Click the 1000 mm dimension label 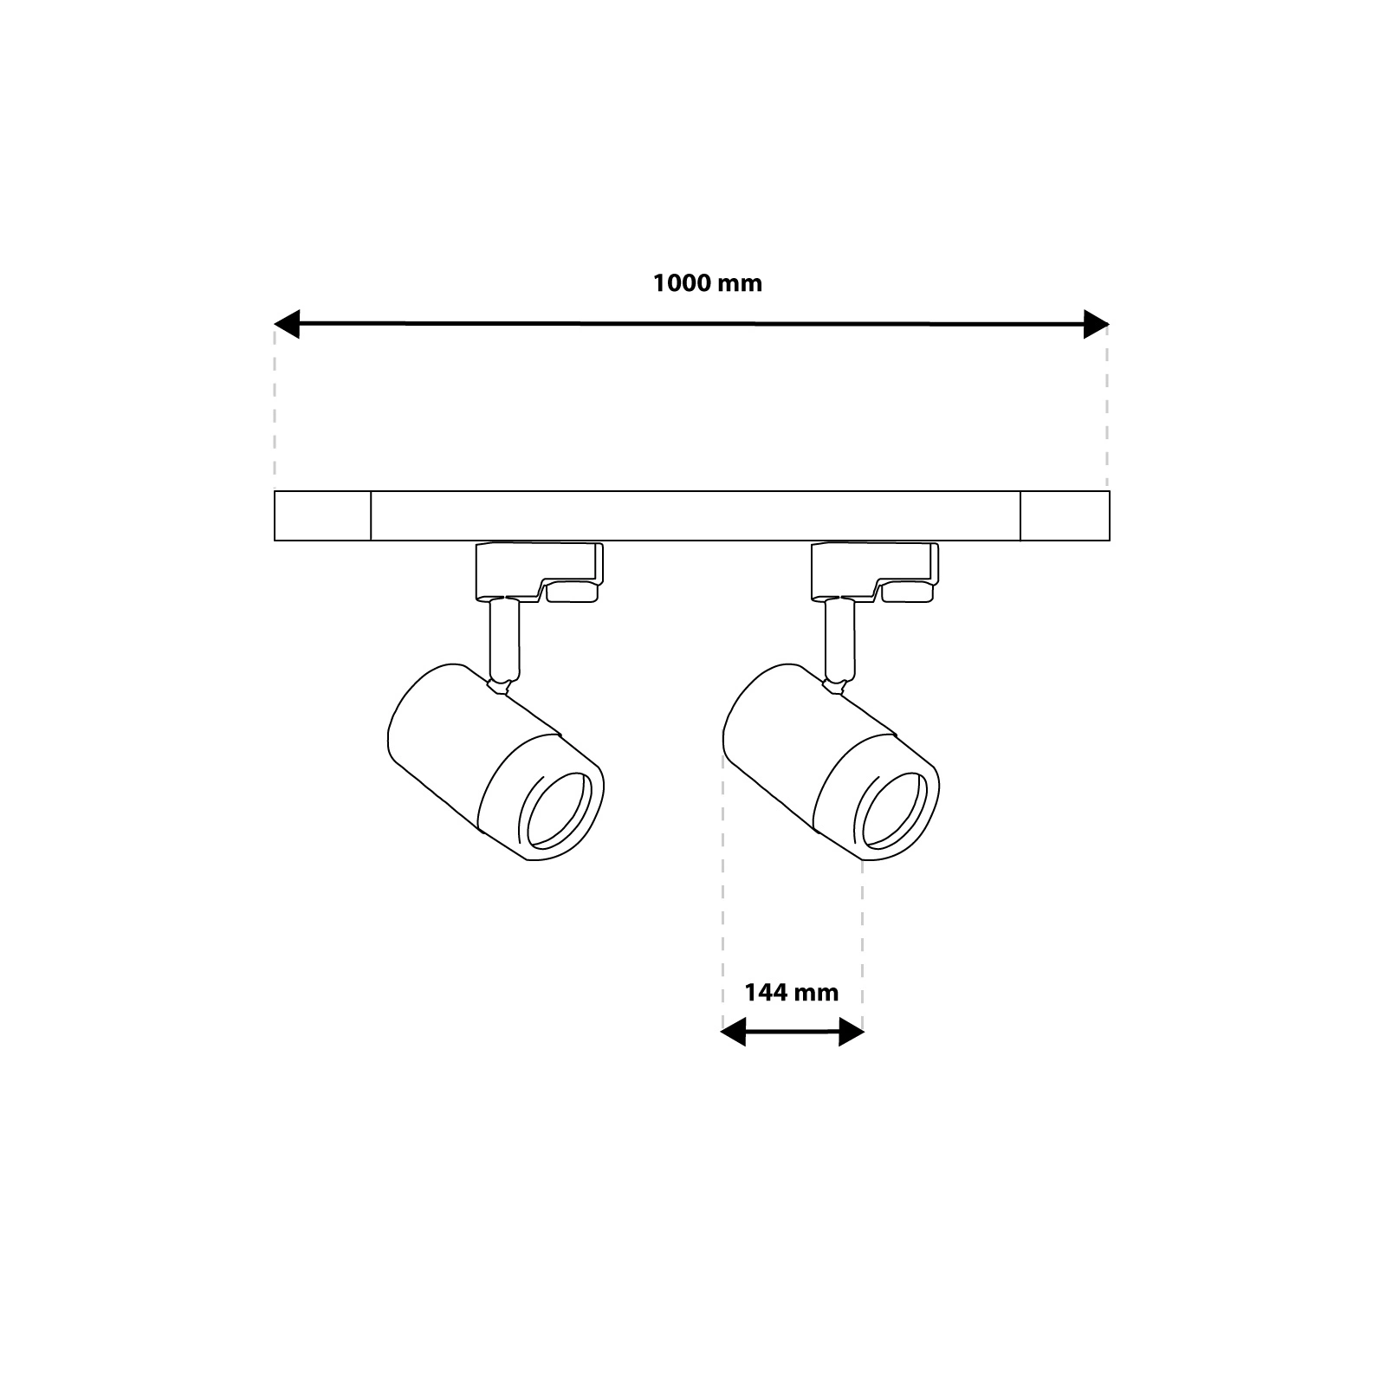click(x=708, y=283)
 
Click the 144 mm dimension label click(x=792, y=992)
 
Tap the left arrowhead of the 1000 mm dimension click(x=287, y=325)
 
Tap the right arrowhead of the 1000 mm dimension click(x=1096, y=325)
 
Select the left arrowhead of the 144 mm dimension click(x=733, y=1032)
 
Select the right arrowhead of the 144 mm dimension click(x=852, y=1032)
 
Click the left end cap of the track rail click(x=322, y=515)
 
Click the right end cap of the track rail click(x=1065, y=515)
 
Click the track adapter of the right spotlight click(x=874, y=571)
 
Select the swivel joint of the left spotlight click(x=499, y=686)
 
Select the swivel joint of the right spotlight click(x=834, y=686)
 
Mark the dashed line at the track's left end click(x=275, y=407)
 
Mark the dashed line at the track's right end click(x=1107, y=407)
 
